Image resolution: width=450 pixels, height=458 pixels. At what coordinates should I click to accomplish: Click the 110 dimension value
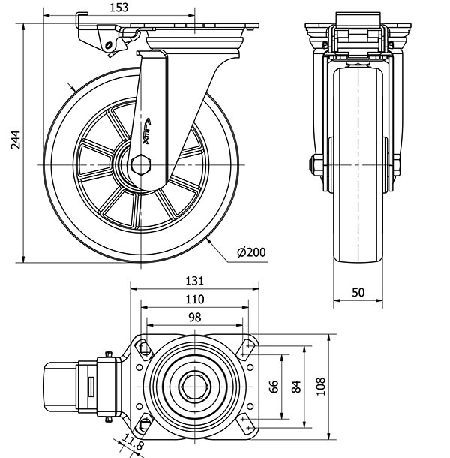point(195,299)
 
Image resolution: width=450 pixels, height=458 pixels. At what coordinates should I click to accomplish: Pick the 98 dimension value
point(195,317)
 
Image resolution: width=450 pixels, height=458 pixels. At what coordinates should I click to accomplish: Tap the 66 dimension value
point(274,387)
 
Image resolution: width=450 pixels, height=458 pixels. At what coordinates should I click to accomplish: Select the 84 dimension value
point(296,387)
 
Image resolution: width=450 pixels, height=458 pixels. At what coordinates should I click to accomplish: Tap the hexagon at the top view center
point(195,387)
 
